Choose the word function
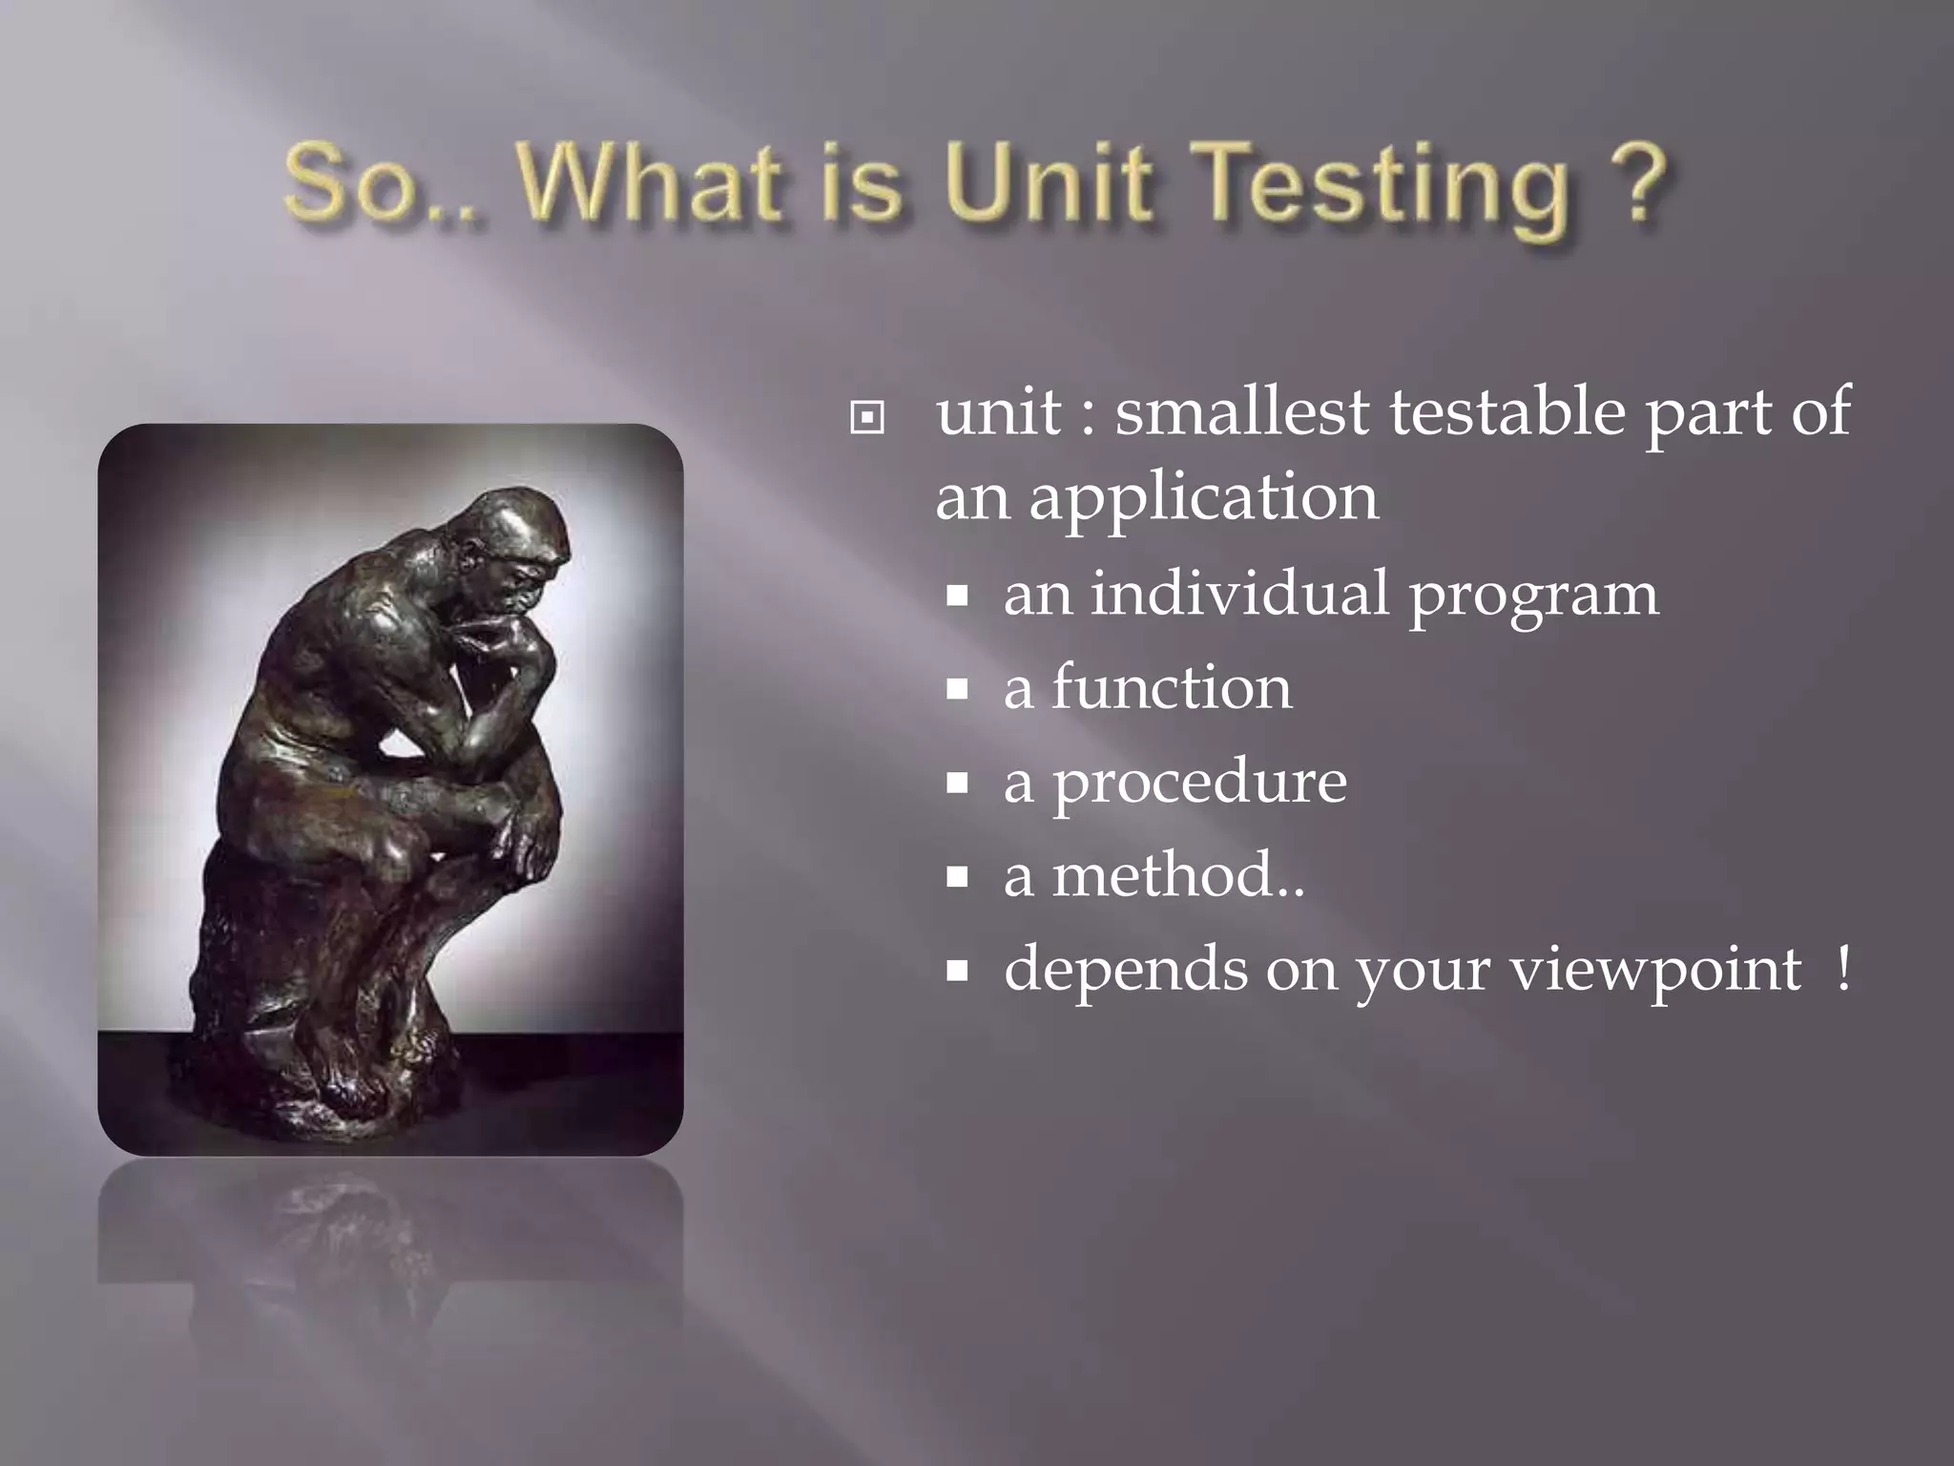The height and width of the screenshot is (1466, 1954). click(1172, 687)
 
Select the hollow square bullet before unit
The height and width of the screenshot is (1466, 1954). click(866, 418)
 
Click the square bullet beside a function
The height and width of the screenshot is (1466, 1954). click(957, 689)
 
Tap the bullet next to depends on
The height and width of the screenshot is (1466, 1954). click(957, 972)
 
